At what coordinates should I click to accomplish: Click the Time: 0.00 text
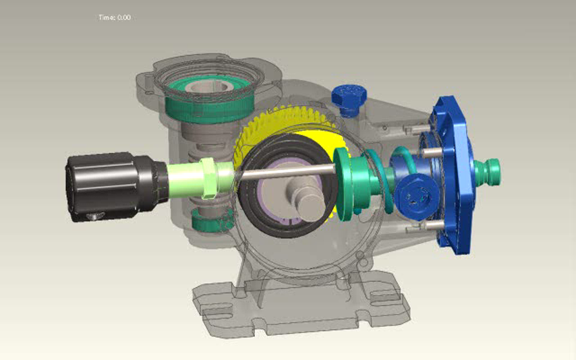click(x=115, y=18)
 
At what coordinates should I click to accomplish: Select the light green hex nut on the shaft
click(x=208, y=178)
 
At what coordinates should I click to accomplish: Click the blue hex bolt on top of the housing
click(x=349, y=98)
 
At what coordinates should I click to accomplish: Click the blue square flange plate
click(x=454, y=175)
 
